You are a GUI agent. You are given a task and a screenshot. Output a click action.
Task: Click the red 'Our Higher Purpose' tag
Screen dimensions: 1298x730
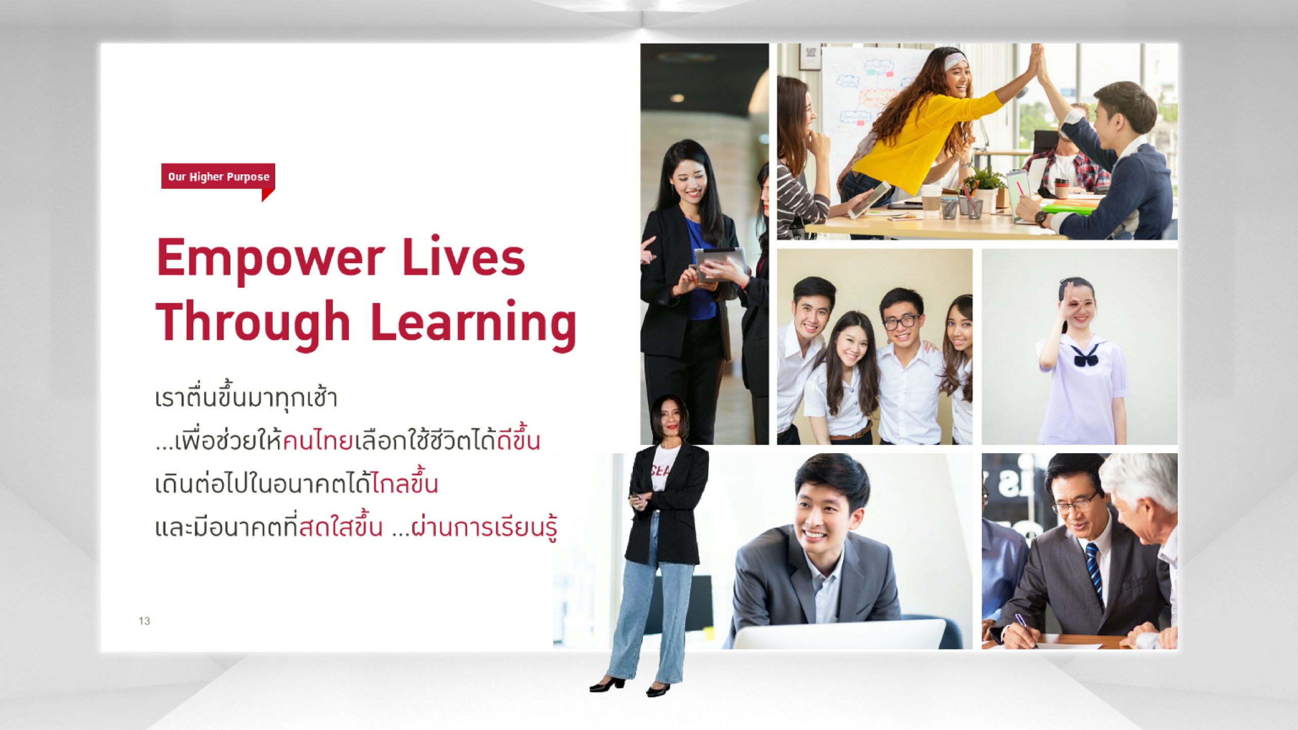coord(218,177)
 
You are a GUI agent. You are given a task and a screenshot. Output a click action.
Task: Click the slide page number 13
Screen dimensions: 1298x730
coord(144,621)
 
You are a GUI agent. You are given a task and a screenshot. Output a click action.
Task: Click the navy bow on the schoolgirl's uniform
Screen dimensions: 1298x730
coord(1085,357)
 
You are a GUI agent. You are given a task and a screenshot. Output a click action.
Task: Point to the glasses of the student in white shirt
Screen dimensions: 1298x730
coord(902,321)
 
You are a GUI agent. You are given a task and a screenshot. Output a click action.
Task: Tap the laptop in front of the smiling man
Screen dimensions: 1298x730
coord(839,634)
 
